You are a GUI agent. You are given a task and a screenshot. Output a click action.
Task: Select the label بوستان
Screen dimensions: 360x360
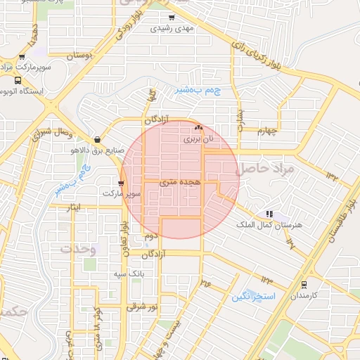click(80, 55)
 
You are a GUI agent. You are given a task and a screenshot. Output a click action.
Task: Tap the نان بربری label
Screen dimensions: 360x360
click(198, 139)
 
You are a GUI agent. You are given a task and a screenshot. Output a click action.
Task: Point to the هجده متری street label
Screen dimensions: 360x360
click(180, 182)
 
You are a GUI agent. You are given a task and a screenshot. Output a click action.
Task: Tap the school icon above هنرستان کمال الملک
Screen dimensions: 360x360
click(269, 213)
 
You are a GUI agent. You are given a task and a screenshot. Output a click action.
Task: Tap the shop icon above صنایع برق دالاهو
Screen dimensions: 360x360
click(96, 139)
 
